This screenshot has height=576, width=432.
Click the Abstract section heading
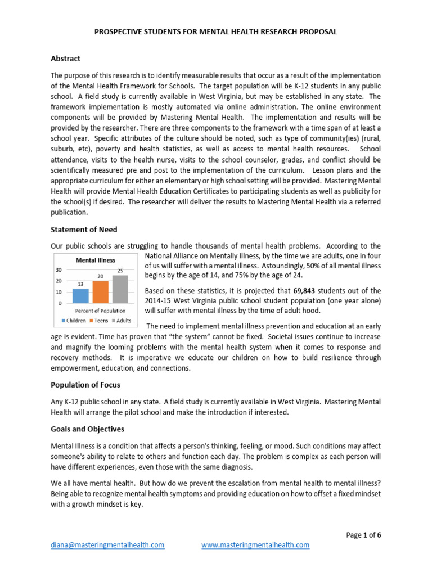point(65,58)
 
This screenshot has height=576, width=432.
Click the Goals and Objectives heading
point(87,429)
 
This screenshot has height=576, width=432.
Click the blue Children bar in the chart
point(80,295)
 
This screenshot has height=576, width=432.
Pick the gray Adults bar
point(120,289)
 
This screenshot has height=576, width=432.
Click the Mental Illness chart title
point(96,260)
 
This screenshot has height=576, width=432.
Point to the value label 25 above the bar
point(120,271)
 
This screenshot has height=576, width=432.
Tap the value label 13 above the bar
point(80,284)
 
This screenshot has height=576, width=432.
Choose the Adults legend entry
point(122,321)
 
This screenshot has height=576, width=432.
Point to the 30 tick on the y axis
point(58,269)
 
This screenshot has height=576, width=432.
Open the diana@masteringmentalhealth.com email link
point(107,545)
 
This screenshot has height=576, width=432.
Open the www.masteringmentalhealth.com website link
point(255,545)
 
